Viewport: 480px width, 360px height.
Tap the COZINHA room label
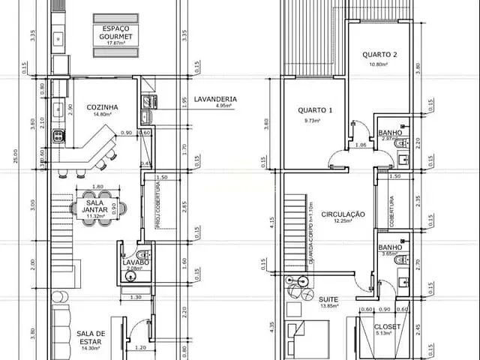103,106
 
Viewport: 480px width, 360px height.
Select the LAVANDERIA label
215,98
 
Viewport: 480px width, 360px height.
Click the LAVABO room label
136,262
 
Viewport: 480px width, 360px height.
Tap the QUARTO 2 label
379,54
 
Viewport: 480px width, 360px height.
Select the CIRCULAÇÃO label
343,214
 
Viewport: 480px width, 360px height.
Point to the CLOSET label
387,327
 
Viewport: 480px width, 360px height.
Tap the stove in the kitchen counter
57,136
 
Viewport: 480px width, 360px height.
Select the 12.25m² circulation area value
343,221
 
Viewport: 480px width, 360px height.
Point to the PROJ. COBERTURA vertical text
158,205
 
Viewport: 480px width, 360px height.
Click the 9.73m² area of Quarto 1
313,120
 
